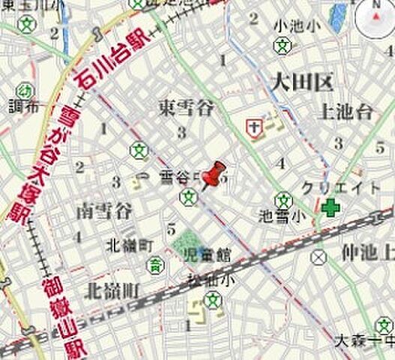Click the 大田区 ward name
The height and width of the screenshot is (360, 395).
pos(302,82)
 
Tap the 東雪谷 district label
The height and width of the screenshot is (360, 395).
pos(186,108)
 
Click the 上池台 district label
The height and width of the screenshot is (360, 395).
pos(346,112)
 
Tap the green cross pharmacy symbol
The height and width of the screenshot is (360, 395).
pos(329,207)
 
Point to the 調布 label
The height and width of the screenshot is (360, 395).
pos(21,108)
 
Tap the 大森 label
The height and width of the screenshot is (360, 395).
pos(352,341)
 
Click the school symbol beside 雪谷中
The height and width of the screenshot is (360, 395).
pos(188,197)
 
